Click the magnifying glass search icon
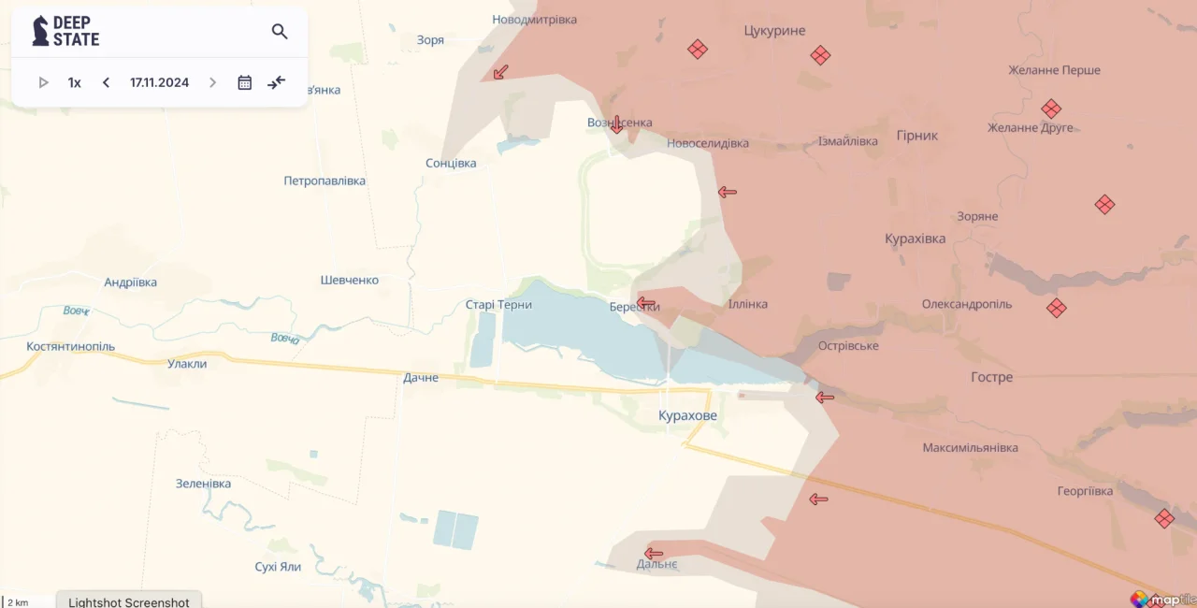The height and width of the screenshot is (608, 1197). (280, 32)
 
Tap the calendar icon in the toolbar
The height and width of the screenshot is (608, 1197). (245, 82)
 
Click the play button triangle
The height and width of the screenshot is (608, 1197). (43, 82)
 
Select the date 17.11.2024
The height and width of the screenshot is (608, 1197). (159, 82)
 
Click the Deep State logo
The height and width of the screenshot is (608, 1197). (65, 32)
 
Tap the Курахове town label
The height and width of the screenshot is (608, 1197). (687, 415)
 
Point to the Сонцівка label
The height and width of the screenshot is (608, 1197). (451, 163)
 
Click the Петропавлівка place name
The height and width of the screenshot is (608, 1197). (324, 181)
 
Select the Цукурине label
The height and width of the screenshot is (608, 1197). (774, 31)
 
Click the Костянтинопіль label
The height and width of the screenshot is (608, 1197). (71, 346)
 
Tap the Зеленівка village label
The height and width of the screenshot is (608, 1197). (203, 484)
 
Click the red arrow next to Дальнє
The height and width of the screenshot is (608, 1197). (654, 554)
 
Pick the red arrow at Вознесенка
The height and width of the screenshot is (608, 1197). (616, 124)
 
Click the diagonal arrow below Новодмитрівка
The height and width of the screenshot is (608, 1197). (500, 72)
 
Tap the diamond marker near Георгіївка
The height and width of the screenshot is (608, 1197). (1164, 518)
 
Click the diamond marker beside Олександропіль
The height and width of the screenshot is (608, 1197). (1057, 308)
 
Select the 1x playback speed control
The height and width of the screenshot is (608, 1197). (75, 82)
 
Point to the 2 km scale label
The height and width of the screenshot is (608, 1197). (18, 602)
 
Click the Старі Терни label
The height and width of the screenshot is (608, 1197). (498, 305)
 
